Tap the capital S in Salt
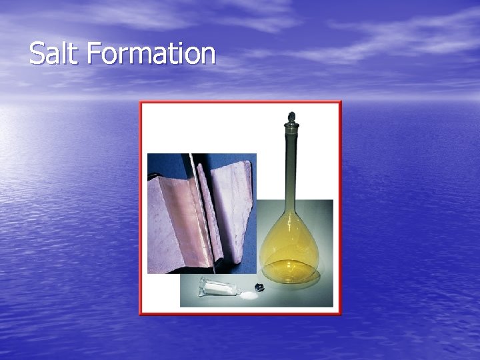coord(36,53)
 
